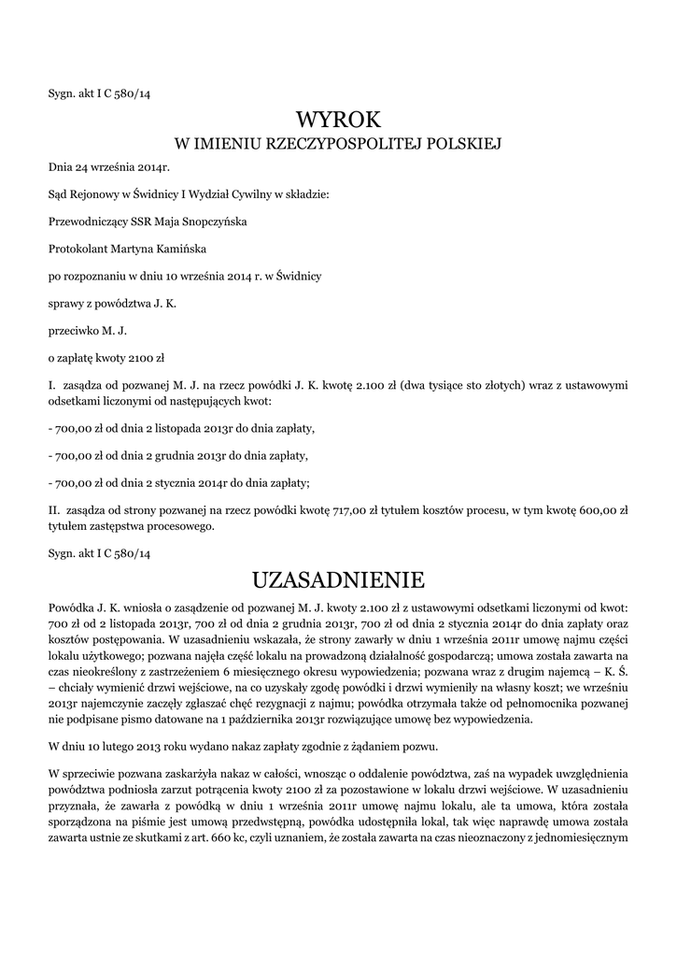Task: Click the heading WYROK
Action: click(x=338, y=120)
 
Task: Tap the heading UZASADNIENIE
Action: click(x=338, y=580)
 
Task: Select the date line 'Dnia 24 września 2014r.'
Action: click(x=108, y=167)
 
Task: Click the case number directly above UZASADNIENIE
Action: click(x=99, y=554)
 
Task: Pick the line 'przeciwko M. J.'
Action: click(x=87, y=330)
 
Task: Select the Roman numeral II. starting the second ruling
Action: click(x=54, y=511)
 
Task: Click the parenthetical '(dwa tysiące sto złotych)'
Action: click(x=459, y=384)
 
